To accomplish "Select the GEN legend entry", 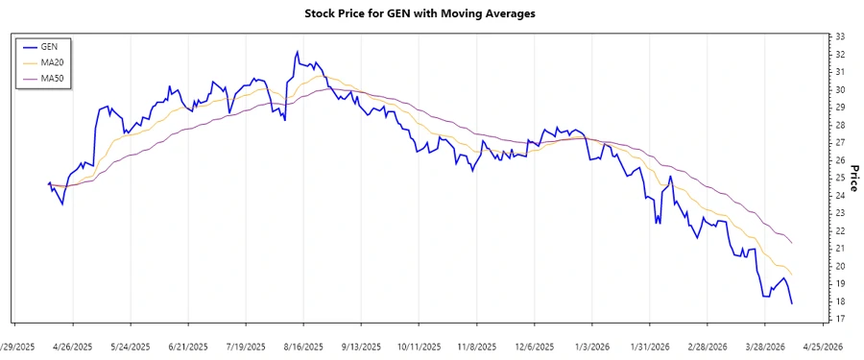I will coord(47,46).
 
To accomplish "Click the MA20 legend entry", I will coord(52,61).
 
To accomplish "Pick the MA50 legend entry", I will coord(52,77).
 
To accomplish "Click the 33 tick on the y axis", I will coord(839,36).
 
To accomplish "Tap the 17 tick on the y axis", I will coord(839,319).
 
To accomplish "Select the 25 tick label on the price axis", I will coord(839,178).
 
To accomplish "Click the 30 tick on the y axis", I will coord(839,89).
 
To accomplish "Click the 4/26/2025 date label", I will coord(73,346).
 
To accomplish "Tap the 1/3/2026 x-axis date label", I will coord(592,346).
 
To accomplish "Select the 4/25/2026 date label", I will coord(823,346).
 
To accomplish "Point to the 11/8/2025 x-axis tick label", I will coord(477,346).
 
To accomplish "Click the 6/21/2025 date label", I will coord(188,346).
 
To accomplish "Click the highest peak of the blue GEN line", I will coord(297,52).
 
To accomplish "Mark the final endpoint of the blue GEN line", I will coord(792,304).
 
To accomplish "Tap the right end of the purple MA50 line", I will coord(792,243).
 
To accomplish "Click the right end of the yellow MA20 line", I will coord(792,276).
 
